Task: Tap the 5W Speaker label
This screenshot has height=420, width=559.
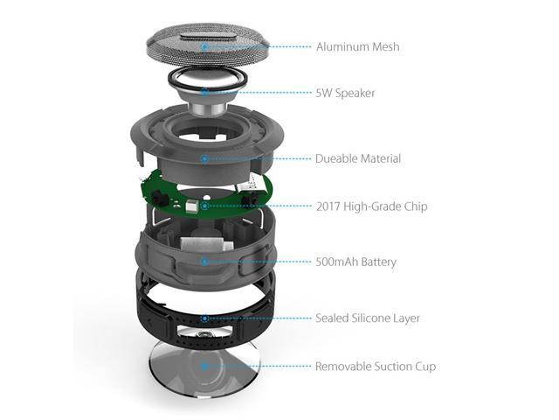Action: click(x=346, y=92)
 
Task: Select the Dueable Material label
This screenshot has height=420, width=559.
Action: click(x=358, y=158)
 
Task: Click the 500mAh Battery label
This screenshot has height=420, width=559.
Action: click(x=355, y=261)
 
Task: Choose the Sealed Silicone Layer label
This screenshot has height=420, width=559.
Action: click(x=368, y=318)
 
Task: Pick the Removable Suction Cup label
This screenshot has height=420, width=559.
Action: click(x=376, y=366)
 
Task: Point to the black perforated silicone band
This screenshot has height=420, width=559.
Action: click(x=157, y=306)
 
